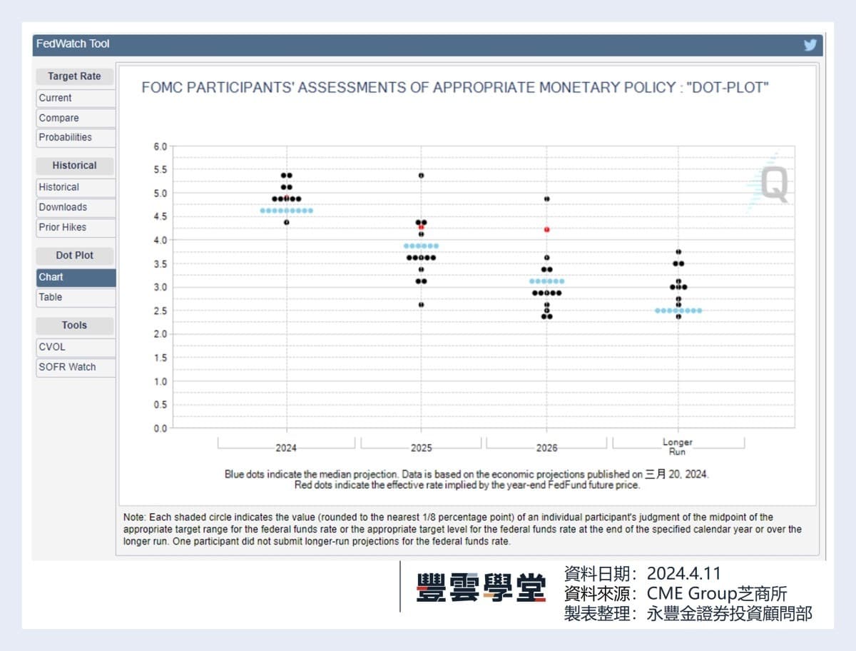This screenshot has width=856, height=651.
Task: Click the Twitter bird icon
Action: (x=810, y=45)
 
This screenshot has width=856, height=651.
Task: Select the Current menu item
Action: (x=56, y=98)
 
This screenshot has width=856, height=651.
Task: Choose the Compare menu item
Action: (x=59, y=118)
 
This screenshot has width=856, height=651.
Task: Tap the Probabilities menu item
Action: (x=66, y=137)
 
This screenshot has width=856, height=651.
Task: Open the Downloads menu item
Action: (x=63, y=207)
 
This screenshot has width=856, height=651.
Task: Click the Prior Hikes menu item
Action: (x=63, y=227)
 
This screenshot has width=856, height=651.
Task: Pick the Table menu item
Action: (x=51, y=297)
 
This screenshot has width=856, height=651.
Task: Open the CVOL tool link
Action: (x=52, y=347)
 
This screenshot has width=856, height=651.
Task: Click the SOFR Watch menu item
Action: (x=67, y=367)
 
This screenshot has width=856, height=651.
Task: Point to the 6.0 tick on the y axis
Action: (x=160, y=146)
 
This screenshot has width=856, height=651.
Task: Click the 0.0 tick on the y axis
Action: (x=160, y=428)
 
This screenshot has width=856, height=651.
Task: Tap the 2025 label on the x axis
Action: (x=421, y=448)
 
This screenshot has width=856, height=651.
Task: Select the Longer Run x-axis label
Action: (x=678, y=447)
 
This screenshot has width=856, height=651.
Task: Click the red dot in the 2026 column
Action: (x=547, y=230)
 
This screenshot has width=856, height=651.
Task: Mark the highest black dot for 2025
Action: (x=421, y=175)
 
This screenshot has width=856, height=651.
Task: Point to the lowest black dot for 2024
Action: (x=287, y=222)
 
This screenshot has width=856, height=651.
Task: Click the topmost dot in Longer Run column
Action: (x=678, y=252)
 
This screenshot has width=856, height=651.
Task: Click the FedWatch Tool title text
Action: (x=73, y=44)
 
